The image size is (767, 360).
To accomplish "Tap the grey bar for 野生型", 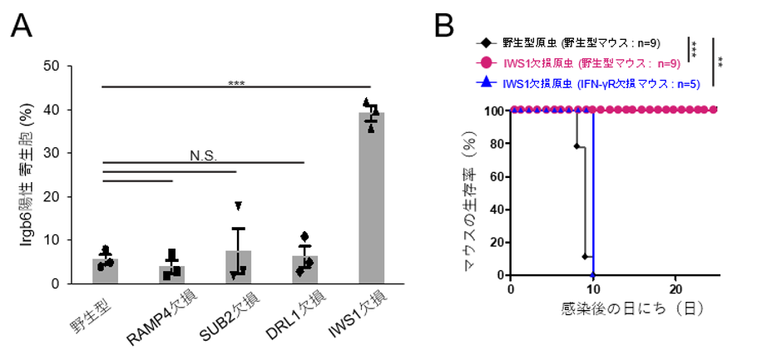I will (105, 271).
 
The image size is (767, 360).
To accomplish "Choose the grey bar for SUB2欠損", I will (238, 267).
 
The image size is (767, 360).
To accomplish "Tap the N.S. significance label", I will (203, 153).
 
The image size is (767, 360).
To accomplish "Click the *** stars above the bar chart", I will (237, 82).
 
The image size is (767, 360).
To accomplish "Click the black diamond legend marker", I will (486, 41).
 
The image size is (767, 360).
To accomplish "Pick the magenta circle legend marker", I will (486, 62).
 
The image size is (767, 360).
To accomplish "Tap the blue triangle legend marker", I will (486, 84).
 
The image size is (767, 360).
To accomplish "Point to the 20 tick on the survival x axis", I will (675, 288).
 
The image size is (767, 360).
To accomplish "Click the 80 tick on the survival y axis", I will (496, 142).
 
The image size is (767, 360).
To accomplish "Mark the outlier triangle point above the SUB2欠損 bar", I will (239, 205).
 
